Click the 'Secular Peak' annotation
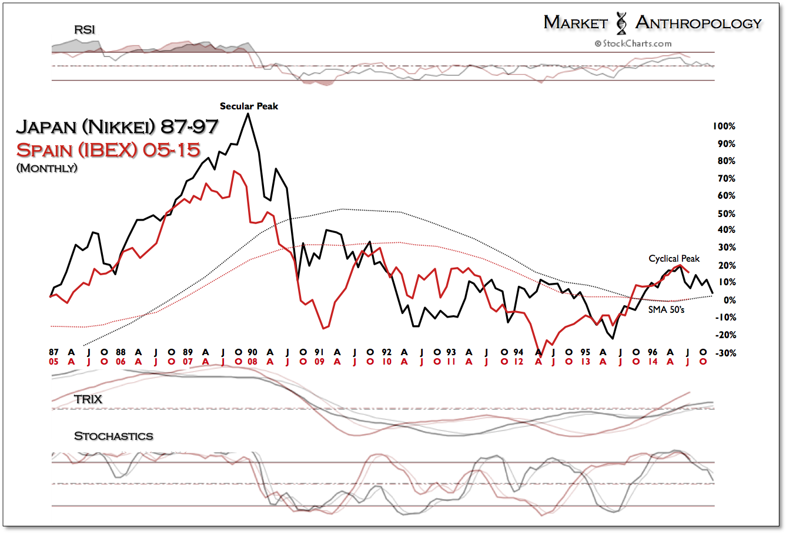(249, 106)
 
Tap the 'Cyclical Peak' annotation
(674, 259)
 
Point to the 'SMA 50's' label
(666, 309)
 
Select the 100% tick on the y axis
(724, 126)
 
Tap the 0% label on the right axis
(729, 301)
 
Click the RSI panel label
(85, 29)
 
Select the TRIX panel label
(88, 399)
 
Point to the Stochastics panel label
(113, 436)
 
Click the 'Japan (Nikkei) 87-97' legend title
(117, 127)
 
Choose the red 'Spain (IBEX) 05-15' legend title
(108, 149)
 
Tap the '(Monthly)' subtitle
(47, 168)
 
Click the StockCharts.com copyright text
(633, 43)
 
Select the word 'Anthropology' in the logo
(698, 23)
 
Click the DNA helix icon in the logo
(621, 23)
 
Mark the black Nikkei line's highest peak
(247, 114)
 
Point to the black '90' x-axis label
(252, 352)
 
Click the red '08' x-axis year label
(252, 362)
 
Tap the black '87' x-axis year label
(54, 352)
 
